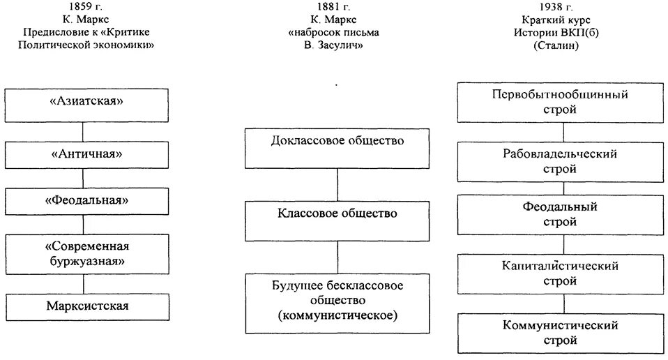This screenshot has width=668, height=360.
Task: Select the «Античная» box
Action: (86, 153)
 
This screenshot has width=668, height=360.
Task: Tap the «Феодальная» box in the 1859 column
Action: (86, 202)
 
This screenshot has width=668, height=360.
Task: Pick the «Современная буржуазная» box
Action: (86, 254)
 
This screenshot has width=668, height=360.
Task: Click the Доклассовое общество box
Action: (337, 148)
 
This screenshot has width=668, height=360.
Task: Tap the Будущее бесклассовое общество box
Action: (337, 302)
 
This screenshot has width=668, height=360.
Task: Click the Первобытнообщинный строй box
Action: (560, 102)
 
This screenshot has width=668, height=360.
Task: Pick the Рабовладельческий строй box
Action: (560, 161)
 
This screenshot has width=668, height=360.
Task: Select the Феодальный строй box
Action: (560, 215)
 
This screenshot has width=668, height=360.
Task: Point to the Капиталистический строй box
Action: (560, 273)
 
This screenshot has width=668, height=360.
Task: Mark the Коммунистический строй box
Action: (560, 333)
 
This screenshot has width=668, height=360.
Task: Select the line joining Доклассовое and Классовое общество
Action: (337, 184)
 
